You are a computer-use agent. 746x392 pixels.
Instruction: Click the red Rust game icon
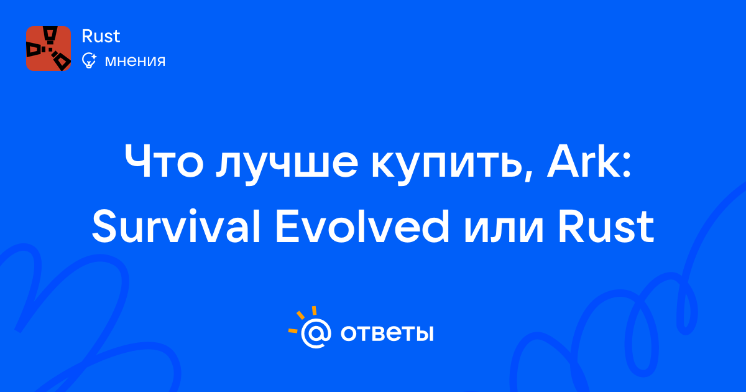point(48,49)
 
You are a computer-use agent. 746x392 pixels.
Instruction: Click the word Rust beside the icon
point(101,36)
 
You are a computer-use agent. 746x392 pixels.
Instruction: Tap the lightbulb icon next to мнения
point(90,60)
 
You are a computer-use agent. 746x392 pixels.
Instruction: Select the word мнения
point(135,61)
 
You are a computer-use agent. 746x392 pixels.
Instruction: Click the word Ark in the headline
point(583,162)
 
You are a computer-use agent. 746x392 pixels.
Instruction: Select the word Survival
point(176,226)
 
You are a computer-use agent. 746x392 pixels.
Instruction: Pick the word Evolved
point(362,226)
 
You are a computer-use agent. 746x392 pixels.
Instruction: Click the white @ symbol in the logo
point(316,333)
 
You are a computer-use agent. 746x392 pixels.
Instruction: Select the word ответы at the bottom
point(387,333)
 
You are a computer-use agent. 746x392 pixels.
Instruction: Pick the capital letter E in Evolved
point(288,226)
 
